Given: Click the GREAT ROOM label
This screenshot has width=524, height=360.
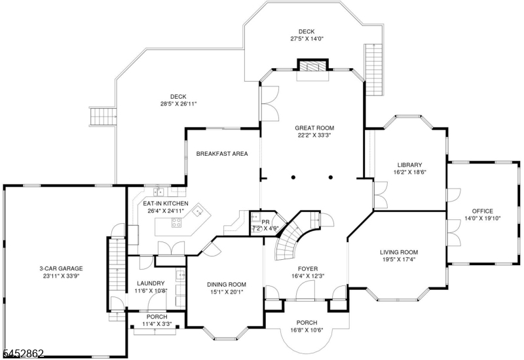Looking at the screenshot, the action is pyautogui.click(x=314, y=128).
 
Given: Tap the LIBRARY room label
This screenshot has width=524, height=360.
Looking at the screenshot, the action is pyautogui.click(x=409, y=165).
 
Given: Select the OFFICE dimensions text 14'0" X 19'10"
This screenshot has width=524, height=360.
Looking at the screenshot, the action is pyautogui.click(x=482, y=219).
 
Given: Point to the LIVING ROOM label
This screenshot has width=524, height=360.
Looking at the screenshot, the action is pyautogui.click(x=399, y=252).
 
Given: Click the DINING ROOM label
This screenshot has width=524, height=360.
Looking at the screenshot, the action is pyautogui.click(x=227, y=285).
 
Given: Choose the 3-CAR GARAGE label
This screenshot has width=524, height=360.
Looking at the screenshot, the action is pyautogui.click(x=61, y=268).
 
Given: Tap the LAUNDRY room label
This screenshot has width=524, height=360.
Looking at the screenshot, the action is pyautogui.click(x=151, y=283).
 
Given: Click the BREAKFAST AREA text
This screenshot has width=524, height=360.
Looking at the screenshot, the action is pyautogui.click(x=222, y=154).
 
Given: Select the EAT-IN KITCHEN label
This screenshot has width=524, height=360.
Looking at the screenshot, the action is pyautogui.click(x=166, y=204).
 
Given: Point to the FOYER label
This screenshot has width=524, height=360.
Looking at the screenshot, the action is pyautogui.click(x=308, y=268).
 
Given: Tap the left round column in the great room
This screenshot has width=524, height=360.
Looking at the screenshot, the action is pyautogui.click(x=293, y=177).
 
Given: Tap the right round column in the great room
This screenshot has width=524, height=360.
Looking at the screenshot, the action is pyautogui.click(x=331, y=177).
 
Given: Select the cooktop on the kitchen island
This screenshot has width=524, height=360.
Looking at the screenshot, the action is pyautogui.click(x=176, y=223).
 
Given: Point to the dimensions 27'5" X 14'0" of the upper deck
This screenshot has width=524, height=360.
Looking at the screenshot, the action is pyautogui.click(x=307, y=39).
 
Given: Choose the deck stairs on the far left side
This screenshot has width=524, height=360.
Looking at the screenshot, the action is pyautogui.click(x=103, y=117).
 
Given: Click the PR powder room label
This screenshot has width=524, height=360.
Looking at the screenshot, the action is pyautogui.click(x=265, y=222).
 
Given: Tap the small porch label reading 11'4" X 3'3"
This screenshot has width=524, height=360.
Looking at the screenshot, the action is pyautogui.click(x=157, y=323).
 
